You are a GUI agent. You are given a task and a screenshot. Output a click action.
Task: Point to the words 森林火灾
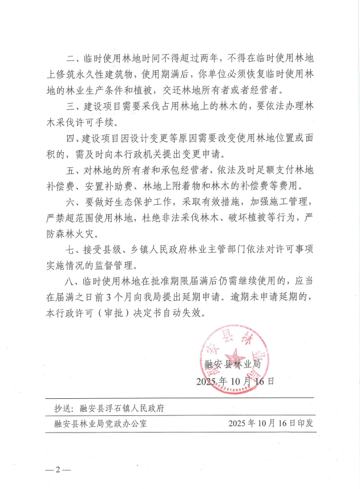pos(74,233)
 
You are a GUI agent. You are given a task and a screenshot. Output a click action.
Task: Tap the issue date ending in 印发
pos(270,423)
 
